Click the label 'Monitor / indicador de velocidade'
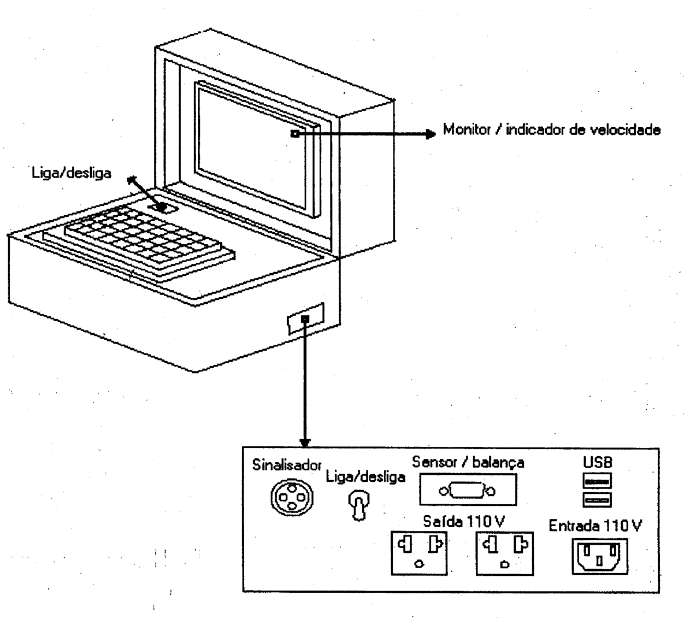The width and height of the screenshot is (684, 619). tap(551, 130)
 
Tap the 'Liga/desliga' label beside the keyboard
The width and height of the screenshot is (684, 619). tap(71, 173)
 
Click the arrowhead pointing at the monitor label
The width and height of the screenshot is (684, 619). tap(431, 134)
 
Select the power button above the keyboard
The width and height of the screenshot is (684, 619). tap(163, 207)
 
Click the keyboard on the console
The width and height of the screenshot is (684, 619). tap(139, 243)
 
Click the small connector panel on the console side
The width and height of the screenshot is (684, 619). tap(305, 319)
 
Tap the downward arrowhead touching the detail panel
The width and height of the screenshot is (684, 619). tap(305, 443)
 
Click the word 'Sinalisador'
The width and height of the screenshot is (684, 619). tap(287, 465)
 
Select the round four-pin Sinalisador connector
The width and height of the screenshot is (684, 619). tap(292, 498)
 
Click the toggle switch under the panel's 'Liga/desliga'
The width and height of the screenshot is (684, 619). tap(358, 505)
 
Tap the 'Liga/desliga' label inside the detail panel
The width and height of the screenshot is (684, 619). tap(365, 476)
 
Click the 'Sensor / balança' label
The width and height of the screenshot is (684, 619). tap(468, 462)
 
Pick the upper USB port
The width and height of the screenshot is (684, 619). tap(597, 481)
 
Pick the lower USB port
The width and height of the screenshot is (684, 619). tap(597, 500)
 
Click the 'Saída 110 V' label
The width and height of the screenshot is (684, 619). tap(464, 521)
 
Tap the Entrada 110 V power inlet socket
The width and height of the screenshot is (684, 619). tap(600, 557)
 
